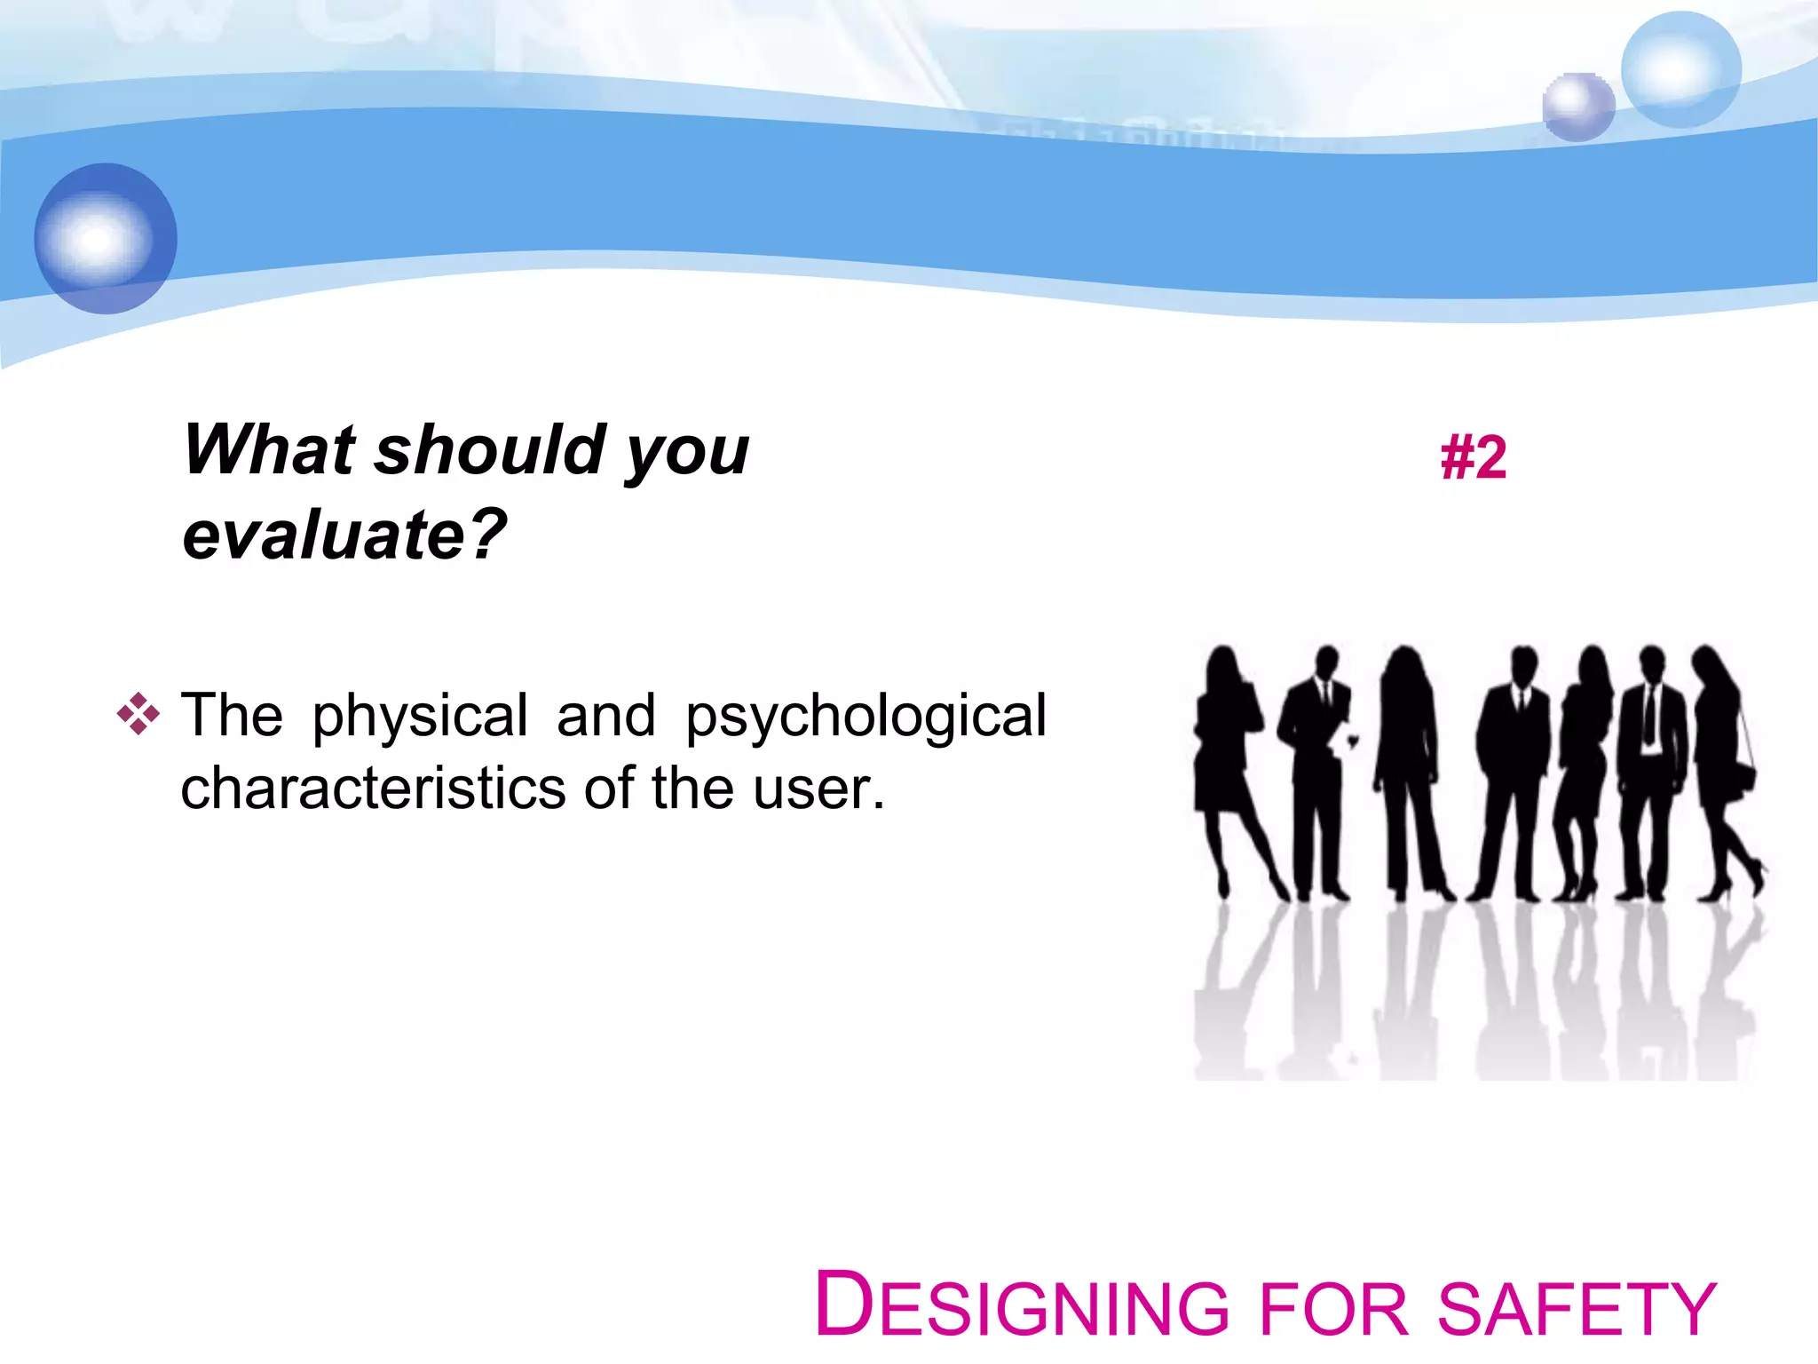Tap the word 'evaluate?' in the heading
point(344,535)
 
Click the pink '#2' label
point(1473,458)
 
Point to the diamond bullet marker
point(138,713)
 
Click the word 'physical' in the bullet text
point(419,716)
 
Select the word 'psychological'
point(866,716)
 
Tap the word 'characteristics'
point(373,789)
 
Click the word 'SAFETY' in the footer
point(1577,1309)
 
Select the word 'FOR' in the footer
point(1334,1309)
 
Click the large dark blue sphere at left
point(106,238)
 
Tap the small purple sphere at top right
point(1577,107)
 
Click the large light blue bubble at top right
point(1680,69)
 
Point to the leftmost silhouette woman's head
point(1223,663)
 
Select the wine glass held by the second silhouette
point(1353,741)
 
